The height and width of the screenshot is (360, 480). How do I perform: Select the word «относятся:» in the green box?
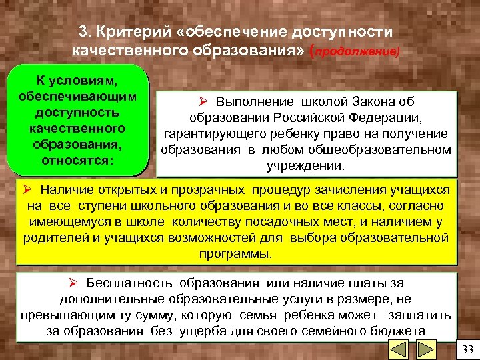[78, 161]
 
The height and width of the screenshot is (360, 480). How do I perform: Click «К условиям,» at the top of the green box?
[77, 81]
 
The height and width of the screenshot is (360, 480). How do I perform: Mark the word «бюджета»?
[404, 331]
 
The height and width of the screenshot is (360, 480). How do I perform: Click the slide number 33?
[466, 349]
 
